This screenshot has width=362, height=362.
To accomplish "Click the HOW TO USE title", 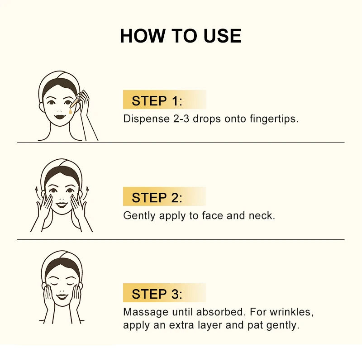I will pos(181,36).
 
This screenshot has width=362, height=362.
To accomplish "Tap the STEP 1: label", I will pos(157,101).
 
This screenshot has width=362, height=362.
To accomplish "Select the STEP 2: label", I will pos(157,198).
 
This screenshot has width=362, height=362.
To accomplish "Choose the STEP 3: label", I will pos(157,295).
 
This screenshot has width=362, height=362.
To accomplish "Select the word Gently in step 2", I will pos(139,216).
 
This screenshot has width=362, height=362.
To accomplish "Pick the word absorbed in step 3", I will pos(220,312).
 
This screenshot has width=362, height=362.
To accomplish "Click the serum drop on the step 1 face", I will pos(70,110).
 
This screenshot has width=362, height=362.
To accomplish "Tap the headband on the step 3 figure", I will pos(62,262).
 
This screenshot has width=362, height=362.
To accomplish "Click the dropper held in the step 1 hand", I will pos(73,102).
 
